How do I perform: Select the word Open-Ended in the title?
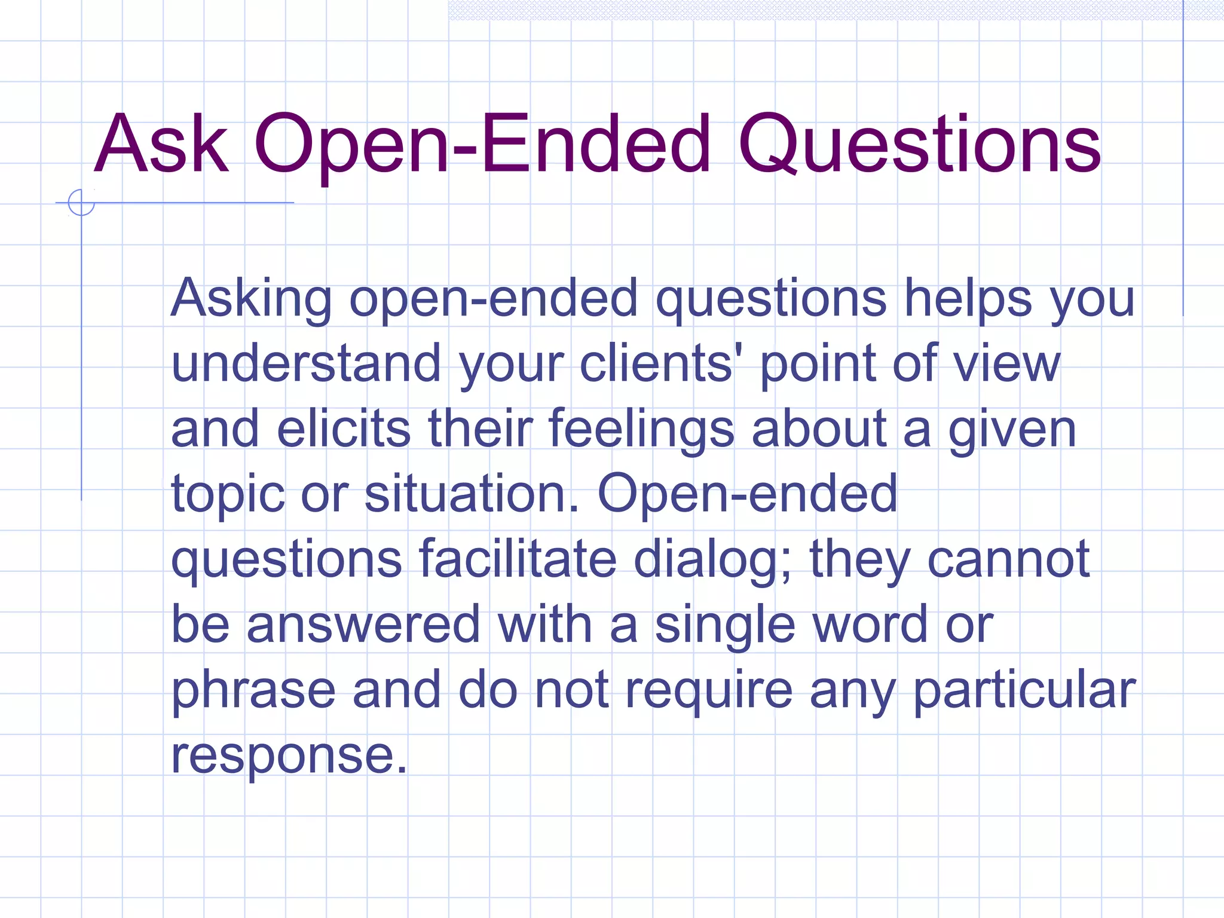(482, 145)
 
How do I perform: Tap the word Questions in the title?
(919, 145)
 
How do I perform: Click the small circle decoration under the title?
(81, 203)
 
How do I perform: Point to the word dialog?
(712, 560)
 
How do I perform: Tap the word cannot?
(1009, 560)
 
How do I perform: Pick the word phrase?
(253, 691)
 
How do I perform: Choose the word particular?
(1024, 691)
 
